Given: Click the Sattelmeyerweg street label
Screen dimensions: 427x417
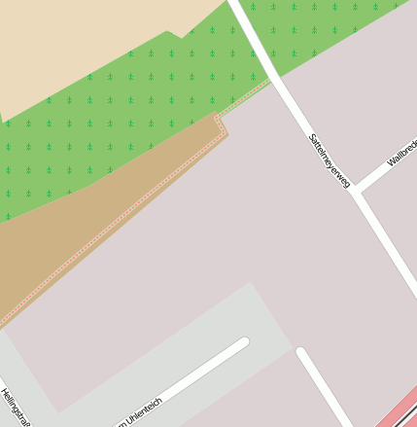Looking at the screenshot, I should [329, 160].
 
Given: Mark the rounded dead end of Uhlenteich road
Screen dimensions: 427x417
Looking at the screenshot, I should [242, 342].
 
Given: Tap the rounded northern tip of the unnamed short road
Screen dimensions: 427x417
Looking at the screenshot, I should [301, 352].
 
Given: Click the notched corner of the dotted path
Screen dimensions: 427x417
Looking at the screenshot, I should [222, 122].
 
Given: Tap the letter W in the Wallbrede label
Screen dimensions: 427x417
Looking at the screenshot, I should [391, 161].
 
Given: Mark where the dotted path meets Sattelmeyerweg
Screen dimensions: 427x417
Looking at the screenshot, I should [269, 83].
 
